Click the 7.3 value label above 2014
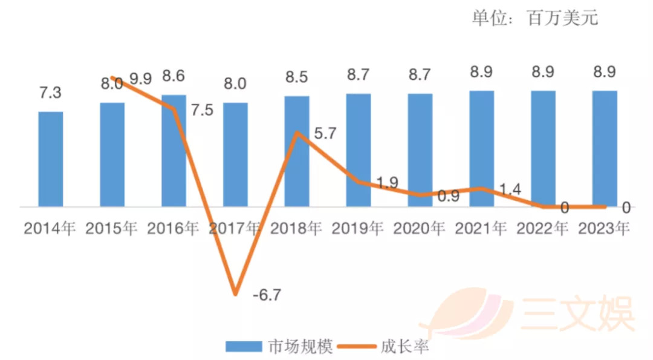tap(51, 94)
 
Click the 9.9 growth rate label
tap(141, 79)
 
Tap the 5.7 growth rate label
tap(324, 134)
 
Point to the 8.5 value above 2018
tap(297, 77)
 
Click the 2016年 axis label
tap(173, 228)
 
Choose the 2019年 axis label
tap(358, 228)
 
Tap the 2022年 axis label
tap(542, 228)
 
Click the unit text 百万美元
tap(562, 18)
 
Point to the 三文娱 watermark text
tap(577, 313)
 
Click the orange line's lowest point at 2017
tap(235, 294)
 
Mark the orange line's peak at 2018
tap(296, 133)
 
